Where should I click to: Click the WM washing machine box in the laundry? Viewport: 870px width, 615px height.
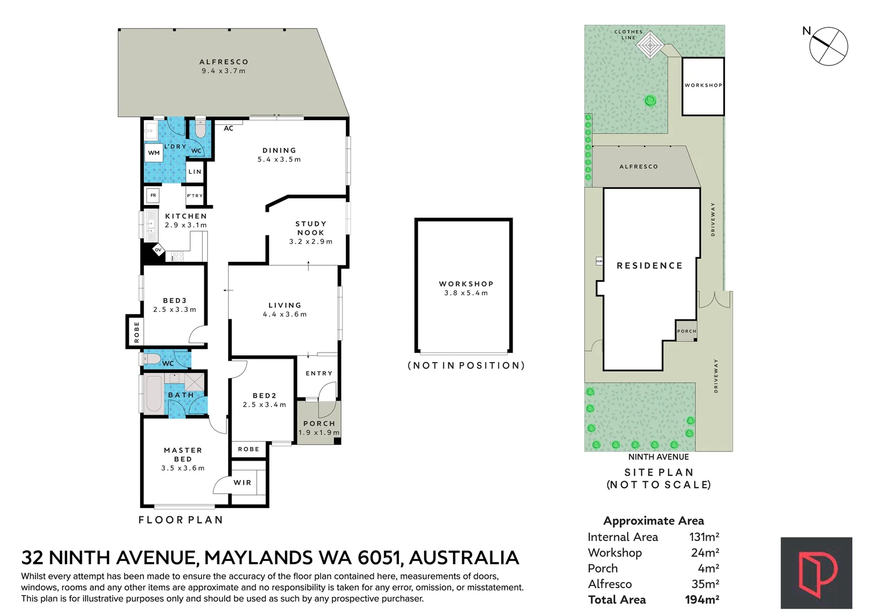pyautogui.click(x=154, y=153)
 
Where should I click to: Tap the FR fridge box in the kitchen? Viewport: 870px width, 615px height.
pyautogui.click(x=153, y=195)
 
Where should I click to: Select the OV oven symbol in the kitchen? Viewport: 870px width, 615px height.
pyautogui.click(x=158, y=250)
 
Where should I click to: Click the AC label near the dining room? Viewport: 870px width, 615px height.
pyautogui.click(x=228, y=128)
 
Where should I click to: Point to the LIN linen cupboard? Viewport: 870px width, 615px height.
pyautogui.click(x=195, y=171)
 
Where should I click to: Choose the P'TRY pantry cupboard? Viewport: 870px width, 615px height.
pyautogui.click(x=195, y=195)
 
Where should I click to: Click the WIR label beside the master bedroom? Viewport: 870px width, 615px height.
pyautogui.click(x=243, y=482)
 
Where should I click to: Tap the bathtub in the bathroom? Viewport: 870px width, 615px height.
pyautogui.click(x=154, y=393)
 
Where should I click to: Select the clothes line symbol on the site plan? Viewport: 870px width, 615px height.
pyautogui.click(x=650, y=46)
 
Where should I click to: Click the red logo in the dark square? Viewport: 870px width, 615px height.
pyautogui.click(x=817, y=573)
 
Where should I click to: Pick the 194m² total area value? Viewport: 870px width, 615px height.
pyautogui.click(x=702, y=600)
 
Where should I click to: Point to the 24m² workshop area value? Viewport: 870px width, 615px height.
pyautogui.click(x=705, y=552)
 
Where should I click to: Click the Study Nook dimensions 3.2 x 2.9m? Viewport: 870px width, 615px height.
pyautogui.click(x=311, y=241)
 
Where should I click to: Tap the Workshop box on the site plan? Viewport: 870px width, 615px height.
pyautogui.click(x=703, y=87)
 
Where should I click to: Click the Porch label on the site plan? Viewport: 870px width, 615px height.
pyautogui.click(x=687, y=331)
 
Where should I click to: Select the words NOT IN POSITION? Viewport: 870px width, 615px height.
pyautogui.click(x=466, y=366)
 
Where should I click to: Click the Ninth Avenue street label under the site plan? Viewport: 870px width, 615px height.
pyautogui.click(x=658, y=457)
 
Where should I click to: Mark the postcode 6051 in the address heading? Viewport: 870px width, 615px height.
pyautogui.click(x=379, y=557)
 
